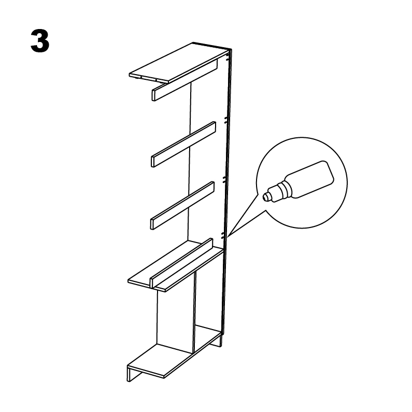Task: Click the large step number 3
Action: pos(40,41)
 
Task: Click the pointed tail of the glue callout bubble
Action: pos(228,237)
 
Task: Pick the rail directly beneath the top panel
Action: pos(184,80)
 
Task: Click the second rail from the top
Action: pos(183,144)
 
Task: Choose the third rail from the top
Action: pos(182,205)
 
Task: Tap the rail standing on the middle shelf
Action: pos(181,263)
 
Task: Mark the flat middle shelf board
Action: pos(175,266)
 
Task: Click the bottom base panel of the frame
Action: pos(174,352)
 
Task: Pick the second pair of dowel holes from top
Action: pos(225,120)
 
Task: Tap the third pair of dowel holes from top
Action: pos(224,179)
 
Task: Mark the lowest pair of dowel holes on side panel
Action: pos(222,235)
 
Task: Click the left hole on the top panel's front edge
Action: pos(141,77)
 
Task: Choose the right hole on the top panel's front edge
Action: pos(156,80)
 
